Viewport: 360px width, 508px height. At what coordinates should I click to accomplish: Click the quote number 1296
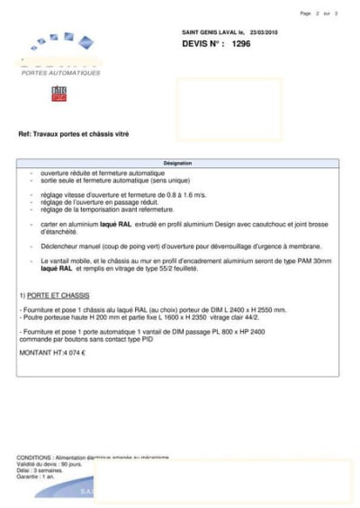click(x=240, y=43)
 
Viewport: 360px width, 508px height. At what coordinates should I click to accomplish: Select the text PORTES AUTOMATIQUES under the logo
click(x=61, y=73)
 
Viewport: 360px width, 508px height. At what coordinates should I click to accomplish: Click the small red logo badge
click(x=58, y=93)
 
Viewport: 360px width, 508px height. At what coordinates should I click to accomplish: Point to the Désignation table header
click(x=177, y=164)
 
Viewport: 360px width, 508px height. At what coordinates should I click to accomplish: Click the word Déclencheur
click(x=64, y=246)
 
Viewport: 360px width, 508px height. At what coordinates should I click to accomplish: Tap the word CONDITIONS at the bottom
click(x=33, y=458)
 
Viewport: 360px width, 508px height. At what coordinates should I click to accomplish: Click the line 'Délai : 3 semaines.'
click(x=40, y=470)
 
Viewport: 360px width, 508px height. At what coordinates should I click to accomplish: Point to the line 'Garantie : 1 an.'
click(x=37, y=477)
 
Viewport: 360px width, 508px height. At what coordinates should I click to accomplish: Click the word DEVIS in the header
click(x=197, y=43)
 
